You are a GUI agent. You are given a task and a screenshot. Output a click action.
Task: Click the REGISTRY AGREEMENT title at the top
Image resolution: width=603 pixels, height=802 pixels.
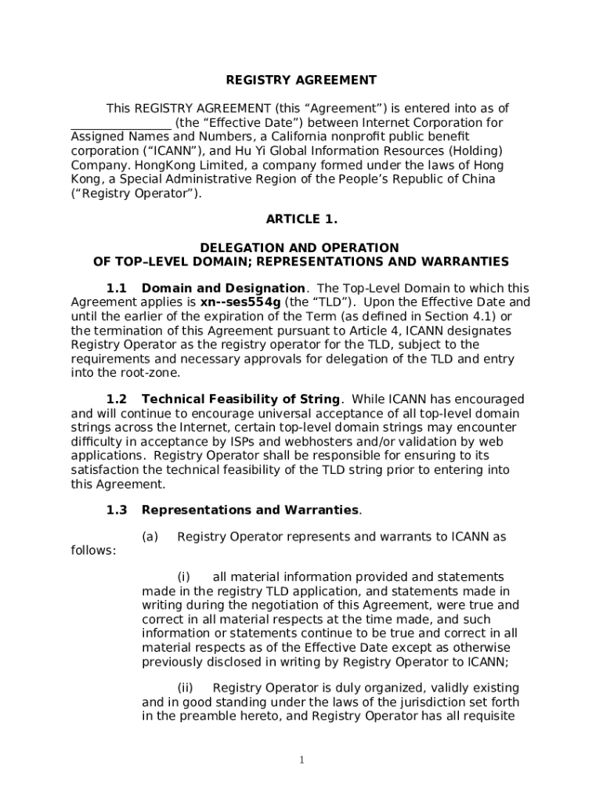(301, 80)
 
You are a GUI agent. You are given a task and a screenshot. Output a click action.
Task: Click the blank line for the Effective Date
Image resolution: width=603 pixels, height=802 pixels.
(121, 124)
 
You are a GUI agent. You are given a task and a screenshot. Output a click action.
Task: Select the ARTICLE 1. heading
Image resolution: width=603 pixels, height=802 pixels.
(301, 219)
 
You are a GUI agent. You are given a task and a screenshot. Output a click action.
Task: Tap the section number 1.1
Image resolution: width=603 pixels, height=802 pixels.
(117, 288)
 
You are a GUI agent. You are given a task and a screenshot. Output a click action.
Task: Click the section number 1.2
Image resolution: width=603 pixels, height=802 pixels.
(117, 399)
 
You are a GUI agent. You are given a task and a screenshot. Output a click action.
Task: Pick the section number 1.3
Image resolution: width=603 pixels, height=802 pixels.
(117, 511)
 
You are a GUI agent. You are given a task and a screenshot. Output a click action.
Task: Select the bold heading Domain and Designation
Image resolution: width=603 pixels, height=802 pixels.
(223, 288)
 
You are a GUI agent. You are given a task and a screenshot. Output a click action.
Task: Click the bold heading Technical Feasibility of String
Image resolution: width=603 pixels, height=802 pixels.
(240, 399)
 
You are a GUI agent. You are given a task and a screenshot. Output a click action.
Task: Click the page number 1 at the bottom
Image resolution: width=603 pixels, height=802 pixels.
(301, 760)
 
